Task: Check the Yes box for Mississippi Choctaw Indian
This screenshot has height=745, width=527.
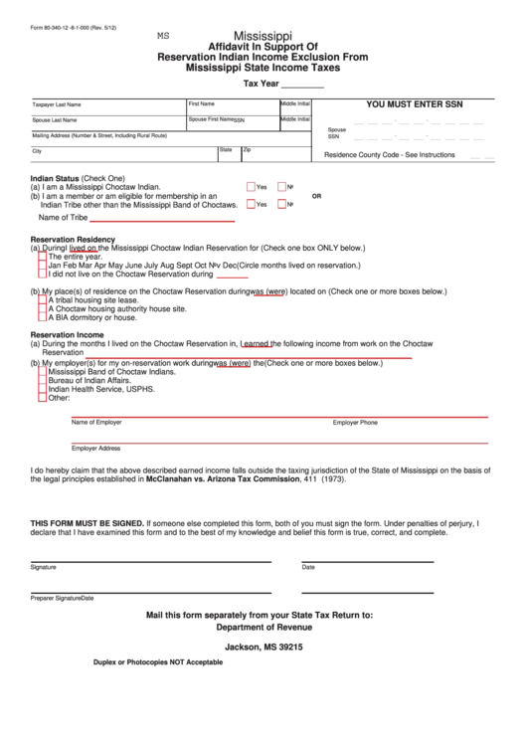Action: pos(252,187)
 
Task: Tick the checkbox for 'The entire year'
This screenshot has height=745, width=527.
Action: pos(42,257)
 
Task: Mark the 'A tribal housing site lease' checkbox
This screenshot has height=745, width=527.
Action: pos(42,299)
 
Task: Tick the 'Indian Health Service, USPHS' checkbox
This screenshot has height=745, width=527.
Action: pos(42,390)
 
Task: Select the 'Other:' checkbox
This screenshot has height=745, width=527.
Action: pos(42,398)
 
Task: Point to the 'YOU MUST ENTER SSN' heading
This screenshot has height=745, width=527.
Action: pos(414,103)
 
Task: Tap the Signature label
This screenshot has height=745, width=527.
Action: pos(44,567)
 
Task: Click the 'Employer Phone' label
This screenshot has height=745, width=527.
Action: pos(355,423)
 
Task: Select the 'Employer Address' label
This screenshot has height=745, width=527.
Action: pos(95,449)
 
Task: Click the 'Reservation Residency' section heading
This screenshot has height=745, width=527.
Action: pos(73,239)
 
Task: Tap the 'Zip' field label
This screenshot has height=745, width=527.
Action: pos(248,150)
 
